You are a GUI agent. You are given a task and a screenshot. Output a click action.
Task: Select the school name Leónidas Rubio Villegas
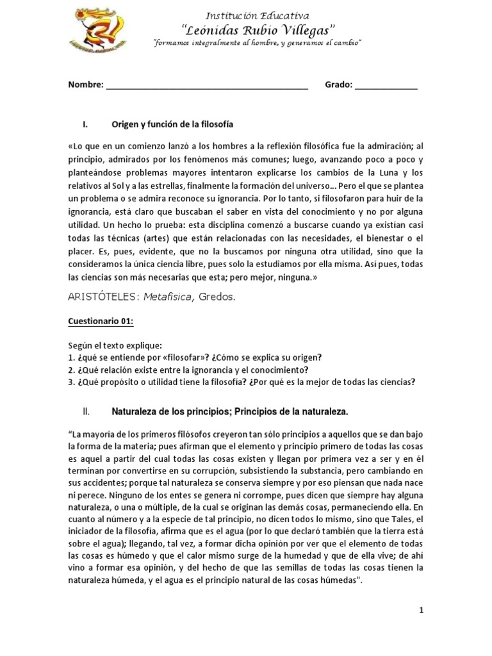pos(258,29)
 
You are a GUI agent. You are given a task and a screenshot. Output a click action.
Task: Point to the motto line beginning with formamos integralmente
pos(258,42)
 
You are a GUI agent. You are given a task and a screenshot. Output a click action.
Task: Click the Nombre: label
pos(86,85)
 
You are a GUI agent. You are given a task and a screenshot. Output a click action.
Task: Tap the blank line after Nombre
pos(206,86)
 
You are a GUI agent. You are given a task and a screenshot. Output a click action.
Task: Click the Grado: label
pos(338,85)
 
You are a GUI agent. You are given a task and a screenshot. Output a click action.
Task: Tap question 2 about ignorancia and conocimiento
pos(188,370)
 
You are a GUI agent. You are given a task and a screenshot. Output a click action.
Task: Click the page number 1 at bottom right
pos(422,611)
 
